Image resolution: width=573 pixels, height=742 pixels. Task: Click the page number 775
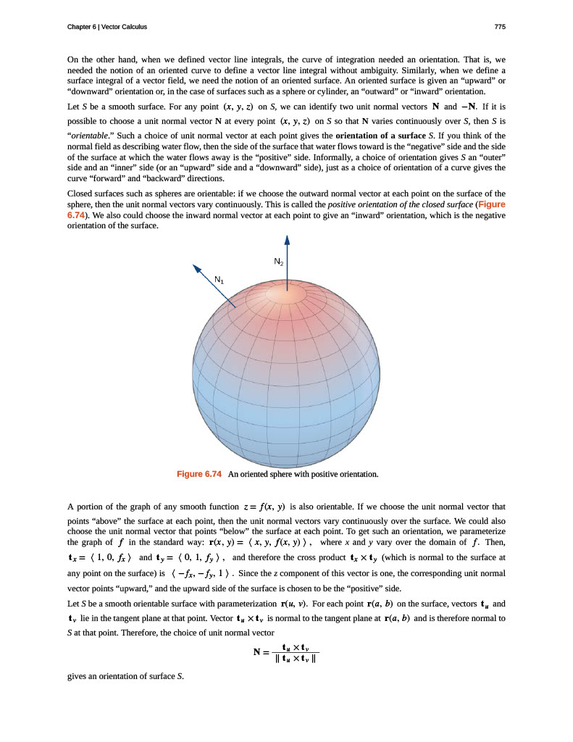[499, 27]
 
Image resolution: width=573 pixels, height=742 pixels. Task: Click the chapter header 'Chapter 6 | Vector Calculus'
[106, 27]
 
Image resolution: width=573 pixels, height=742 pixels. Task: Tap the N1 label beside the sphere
[220, 278]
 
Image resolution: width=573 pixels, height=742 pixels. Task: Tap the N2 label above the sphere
[278, 261]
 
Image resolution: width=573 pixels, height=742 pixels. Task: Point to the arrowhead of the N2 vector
[287, 239]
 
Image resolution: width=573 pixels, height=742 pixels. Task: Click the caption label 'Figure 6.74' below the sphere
[199, 474]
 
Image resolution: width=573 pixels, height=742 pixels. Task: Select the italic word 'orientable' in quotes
[89, 136]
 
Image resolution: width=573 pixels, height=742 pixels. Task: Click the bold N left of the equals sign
[257, 652]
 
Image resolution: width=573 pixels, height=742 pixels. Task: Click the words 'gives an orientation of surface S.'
[125, 677]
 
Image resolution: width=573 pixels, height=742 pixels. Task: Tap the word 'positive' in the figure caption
[322, 474]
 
